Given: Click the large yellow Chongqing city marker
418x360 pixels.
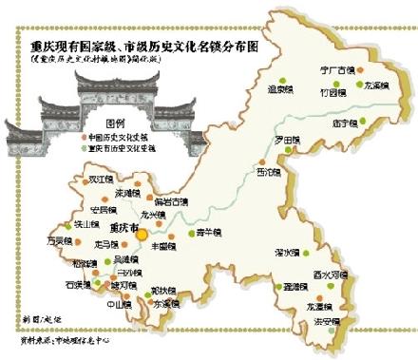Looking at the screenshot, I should pyautogui.click(x=142, y=227).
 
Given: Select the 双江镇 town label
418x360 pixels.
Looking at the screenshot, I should pyautogui.click(x=100, y=178).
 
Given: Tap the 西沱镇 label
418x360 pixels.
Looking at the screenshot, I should pyautogui.click(x=269, y=172).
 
